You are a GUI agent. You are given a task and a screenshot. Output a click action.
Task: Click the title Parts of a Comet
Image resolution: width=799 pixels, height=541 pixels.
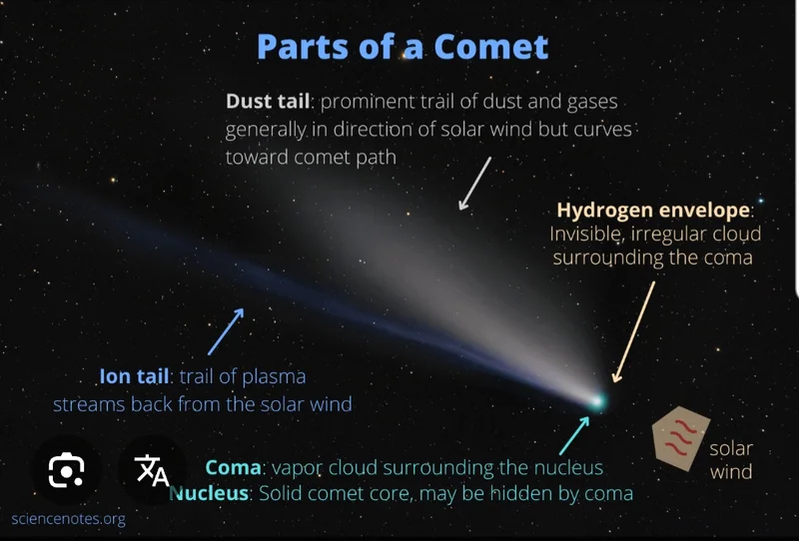[x=402, y=47]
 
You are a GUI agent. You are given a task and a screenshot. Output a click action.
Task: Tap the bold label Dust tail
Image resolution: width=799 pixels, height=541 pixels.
[x=268, y=102]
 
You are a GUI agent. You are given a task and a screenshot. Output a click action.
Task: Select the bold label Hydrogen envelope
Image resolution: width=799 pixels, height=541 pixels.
[x=654, y=211]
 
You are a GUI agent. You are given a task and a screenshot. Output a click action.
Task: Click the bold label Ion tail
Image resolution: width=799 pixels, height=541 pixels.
[x=135, y=377]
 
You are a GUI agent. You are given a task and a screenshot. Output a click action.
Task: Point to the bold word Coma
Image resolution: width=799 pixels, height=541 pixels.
[x=233, y=467]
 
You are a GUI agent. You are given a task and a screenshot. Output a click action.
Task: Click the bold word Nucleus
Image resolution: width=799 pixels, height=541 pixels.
[x=212, y=493]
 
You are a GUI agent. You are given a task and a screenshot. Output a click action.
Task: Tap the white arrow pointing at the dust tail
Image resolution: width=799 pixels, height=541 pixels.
[x=474, y=183]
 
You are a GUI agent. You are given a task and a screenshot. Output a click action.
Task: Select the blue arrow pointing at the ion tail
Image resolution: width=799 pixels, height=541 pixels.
[x=226, y=330]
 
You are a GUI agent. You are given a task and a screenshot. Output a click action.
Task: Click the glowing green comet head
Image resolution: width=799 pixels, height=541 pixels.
[x=597, y=401]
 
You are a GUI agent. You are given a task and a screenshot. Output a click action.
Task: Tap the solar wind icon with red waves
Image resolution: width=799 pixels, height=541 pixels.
[x=680, y=437]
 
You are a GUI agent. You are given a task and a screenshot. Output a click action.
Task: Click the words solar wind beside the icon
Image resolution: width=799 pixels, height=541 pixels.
[x=731, y=459]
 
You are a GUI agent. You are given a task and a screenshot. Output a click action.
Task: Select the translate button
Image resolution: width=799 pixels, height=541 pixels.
[x=152, y=470]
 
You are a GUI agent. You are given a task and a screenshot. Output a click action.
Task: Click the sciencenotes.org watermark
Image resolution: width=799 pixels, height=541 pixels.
[x=68, y=519]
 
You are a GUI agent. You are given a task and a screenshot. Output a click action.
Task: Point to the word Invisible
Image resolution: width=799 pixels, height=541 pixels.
[x=588, y=235]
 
